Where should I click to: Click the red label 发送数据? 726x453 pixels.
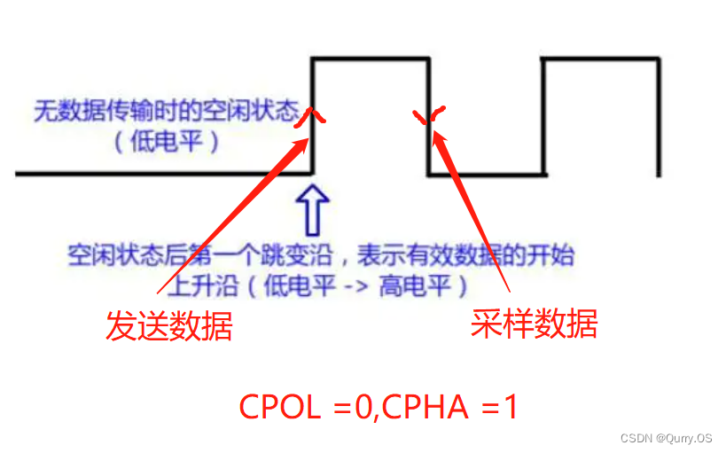(169, 325)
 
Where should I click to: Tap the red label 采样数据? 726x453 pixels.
(534, 324)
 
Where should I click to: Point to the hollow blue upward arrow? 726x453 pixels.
(316, 209)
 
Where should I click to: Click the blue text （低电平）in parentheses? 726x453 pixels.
(166, 142)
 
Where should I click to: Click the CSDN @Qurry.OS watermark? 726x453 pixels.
(666, 438)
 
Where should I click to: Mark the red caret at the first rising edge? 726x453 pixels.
(307, 116)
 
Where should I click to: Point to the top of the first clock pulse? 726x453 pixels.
(371, 59)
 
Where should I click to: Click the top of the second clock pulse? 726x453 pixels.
(599, 59)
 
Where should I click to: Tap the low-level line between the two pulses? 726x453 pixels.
(486, 174)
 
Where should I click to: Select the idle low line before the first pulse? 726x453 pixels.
(160, 174)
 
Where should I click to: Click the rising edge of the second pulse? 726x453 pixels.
(543, 116)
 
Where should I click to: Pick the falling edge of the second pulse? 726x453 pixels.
(657, 116)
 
